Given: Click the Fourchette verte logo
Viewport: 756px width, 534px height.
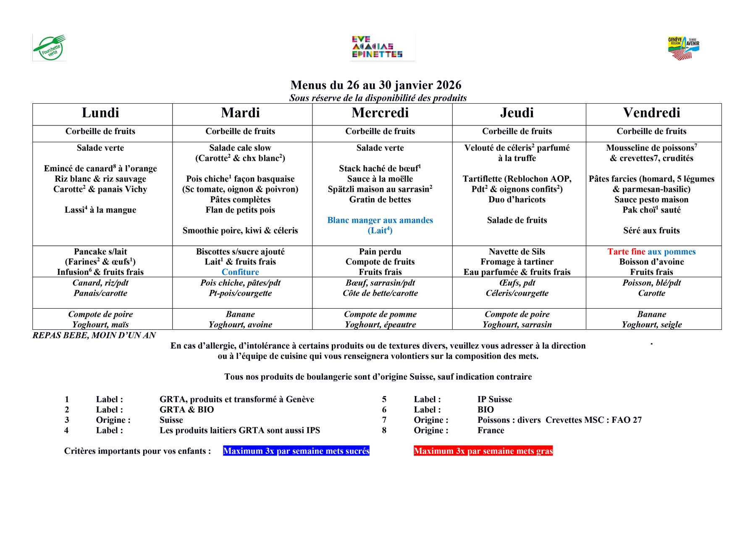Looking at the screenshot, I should [50, 47].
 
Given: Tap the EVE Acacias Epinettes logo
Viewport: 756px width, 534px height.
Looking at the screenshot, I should [378, 47].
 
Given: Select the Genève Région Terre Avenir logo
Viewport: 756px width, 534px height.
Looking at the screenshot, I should [683, 47].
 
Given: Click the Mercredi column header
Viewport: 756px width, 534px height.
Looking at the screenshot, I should [380, 113].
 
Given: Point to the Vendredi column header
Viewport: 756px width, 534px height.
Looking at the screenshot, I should [651, 113].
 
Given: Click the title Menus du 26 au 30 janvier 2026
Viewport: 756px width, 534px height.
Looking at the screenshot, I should [376, 85].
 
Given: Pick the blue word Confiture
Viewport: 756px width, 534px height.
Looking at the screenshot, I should [240, 272].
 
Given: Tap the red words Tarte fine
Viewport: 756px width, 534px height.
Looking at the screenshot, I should [626, 252].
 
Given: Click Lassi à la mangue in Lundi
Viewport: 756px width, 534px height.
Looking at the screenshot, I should [100, 210].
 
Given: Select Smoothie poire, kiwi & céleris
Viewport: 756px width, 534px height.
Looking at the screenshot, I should [240, 230].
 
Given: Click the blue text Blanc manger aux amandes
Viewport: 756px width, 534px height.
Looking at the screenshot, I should [380, 220].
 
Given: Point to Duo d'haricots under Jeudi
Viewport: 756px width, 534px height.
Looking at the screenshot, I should [517, 200].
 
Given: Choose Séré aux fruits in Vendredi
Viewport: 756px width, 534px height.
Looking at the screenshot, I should [651, 230].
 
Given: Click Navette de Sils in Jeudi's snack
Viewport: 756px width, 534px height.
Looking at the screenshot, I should [517, 252].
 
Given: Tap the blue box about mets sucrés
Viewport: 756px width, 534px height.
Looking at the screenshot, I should [296, 451].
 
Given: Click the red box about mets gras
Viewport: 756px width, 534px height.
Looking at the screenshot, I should [483, 451].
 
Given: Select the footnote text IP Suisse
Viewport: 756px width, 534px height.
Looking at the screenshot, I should [495, 399].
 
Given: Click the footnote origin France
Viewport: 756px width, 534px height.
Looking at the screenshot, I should [491, 430].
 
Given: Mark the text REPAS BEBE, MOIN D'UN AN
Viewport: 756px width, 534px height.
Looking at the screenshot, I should [94, 335].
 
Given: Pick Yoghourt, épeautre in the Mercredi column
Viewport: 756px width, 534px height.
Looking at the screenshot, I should [380, 325].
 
